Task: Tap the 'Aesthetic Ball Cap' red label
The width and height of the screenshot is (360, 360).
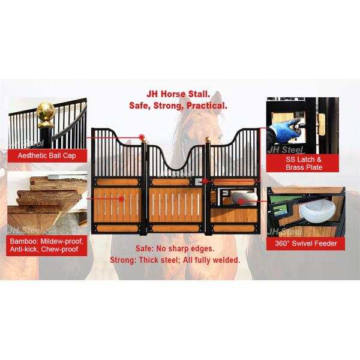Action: point(47,156)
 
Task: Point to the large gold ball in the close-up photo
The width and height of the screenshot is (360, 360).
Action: point(45,112)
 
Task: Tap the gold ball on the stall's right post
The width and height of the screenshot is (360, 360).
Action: point(208,140)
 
